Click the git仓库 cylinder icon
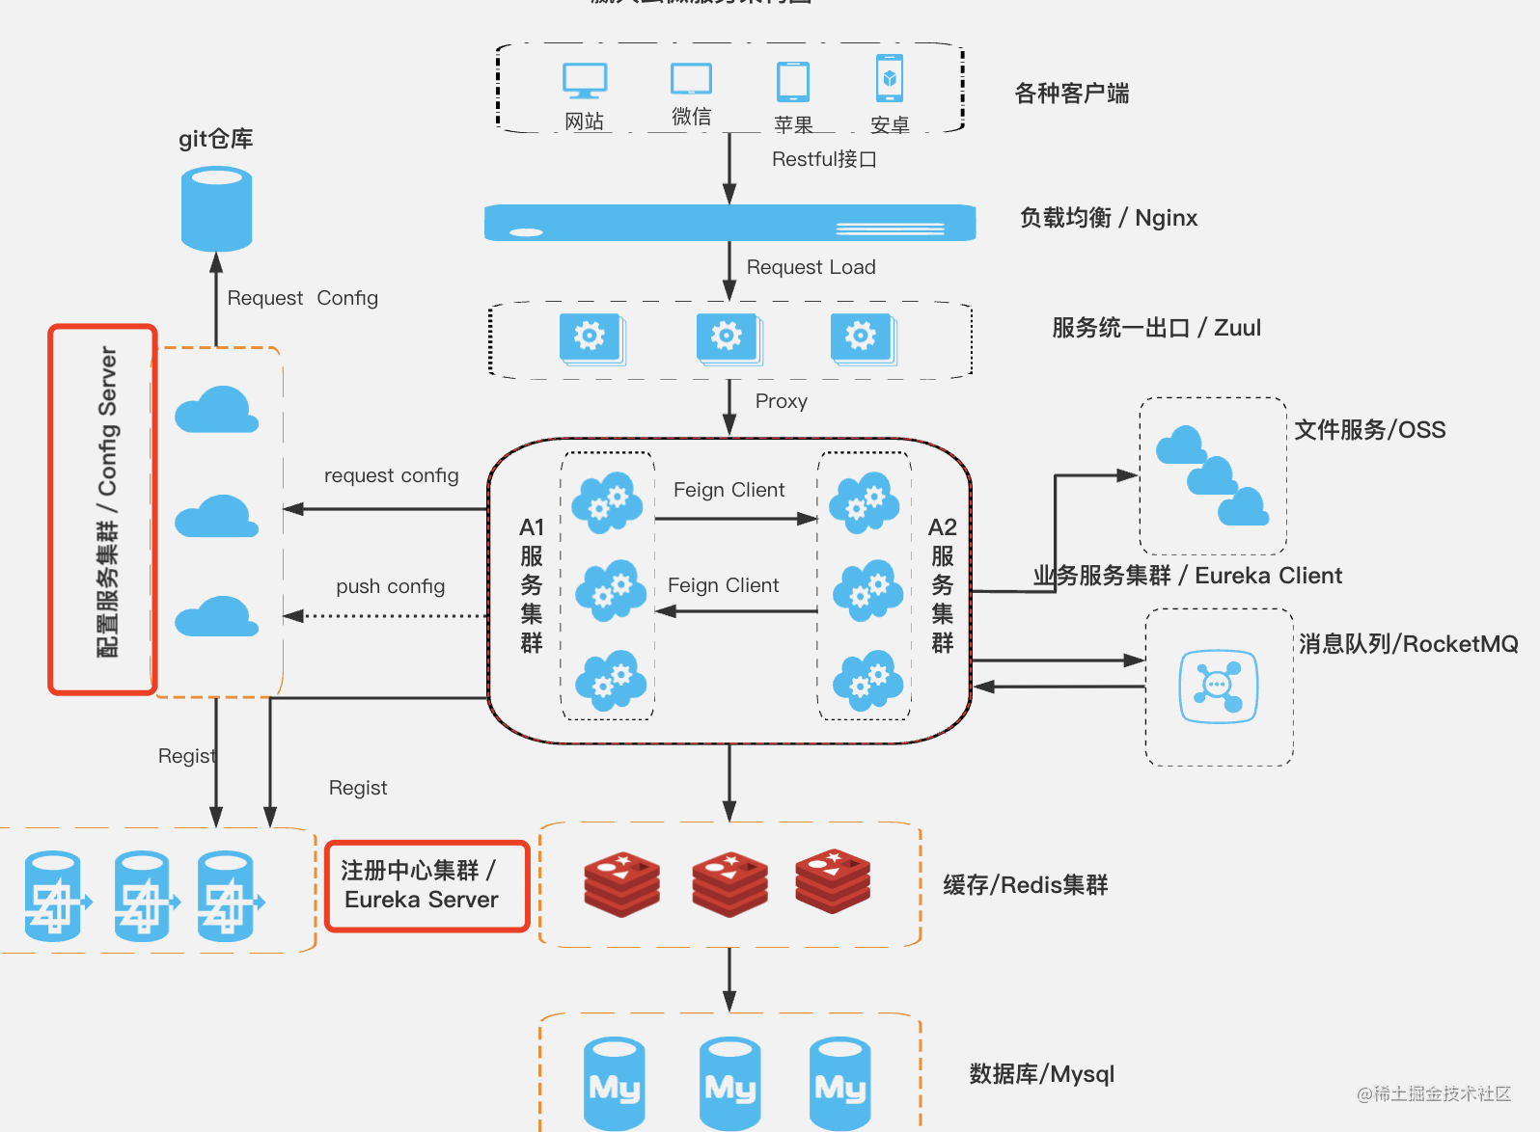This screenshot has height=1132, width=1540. pos(217,208)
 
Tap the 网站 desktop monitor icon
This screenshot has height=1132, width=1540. pos(585,81)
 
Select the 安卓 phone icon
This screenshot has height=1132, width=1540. pos(890,78)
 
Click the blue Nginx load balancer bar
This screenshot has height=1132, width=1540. pos(729,223)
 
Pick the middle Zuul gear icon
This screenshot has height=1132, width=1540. pos(728,337)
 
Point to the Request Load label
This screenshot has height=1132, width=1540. pos(811,267)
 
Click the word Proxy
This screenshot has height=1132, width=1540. pos(781,401)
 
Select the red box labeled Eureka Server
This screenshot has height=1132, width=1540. pos(426,886)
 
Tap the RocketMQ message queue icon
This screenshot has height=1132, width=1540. pos(1218,687)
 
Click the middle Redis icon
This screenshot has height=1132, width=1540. pos(729,882)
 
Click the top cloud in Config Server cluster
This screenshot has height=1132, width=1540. pos(217,410)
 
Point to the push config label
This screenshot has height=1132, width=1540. pos(390,586)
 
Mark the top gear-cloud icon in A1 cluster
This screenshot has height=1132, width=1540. pos(607,501)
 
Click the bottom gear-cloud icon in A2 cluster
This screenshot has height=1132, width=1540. pos(866,682)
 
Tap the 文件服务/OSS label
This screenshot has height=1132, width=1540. pos(1369,430)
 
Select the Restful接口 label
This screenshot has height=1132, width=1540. pos(823,159)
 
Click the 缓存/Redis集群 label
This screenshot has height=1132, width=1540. pos(1025,885)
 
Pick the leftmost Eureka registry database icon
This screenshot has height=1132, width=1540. pos(54,896)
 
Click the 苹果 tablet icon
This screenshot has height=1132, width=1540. pos(793,82)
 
